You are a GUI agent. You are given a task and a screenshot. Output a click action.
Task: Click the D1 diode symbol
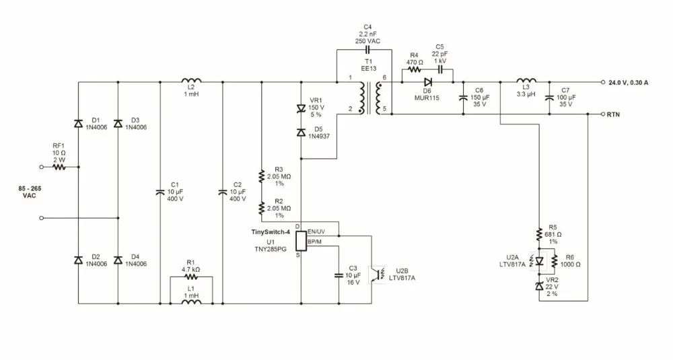pos(78,124)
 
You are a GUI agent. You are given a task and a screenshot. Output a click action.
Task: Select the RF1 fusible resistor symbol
pos(59,167)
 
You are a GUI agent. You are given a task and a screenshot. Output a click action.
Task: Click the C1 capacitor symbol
pos(160,192)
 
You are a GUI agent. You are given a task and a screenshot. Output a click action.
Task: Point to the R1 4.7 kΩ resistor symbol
pos(191,277)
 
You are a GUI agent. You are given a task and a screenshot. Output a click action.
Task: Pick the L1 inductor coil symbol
pos(191,301)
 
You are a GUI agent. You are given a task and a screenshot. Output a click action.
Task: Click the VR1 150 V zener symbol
pos(301,110)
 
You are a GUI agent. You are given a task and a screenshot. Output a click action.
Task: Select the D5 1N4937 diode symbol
pos(301,132)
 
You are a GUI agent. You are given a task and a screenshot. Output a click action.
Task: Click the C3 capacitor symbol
pos(339,275)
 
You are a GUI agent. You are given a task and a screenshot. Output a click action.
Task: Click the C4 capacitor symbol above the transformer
pos(367,50)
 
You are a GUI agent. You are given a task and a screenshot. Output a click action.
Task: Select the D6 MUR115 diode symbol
pos(427,82)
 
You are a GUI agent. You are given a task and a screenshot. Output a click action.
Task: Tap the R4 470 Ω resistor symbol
pos(414,69)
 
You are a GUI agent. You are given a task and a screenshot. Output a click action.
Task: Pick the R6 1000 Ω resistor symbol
pos(555,260)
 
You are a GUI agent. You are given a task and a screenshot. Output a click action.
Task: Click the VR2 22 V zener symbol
pos(540,286)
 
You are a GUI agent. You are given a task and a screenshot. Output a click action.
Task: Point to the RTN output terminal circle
pos(602,114)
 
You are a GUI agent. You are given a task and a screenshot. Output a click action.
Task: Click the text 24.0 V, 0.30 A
pos(629,82)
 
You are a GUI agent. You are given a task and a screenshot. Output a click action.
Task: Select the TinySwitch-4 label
pos(271,232)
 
